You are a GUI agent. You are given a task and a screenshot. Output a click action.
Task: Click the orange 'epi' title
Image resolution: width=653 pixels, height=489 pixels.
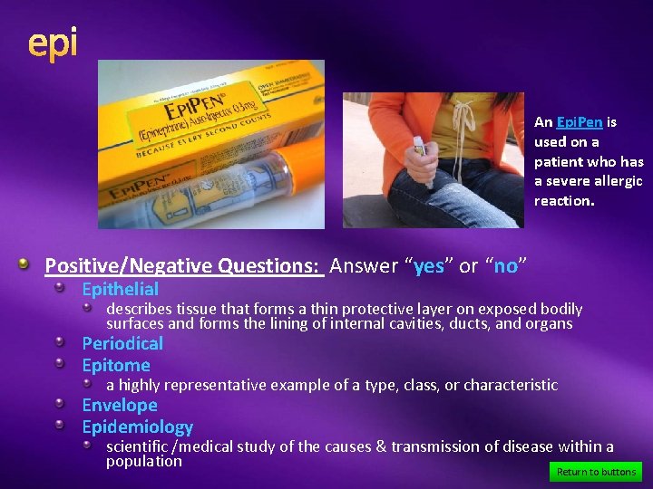(x=53, y=43)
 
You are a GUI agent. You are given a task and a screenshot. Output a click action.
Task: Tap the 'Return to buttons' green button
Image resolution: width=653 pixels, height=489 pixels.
(x=596, y=472)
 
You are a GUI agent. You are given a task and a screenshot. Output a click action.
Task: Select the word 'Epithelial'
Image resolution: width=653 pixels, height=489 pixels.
(x=120, y=290)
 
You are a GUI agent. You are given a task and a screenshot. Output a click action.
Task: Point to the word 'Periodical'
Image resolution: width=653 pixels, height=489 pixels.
(x=122, y=343)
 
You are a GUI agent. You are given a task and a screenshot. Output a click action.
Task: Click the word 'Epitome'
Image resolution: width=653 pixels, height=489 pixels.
(x=116, y=366)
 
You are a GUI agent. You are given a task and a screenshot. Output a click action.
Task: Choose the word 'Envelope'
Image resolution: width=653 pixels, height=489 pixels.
(x=120, y=405)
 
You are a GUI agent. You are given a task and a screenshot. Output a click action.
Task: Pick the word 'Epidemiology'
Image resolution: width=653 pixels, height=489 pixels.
(x=137, y=427)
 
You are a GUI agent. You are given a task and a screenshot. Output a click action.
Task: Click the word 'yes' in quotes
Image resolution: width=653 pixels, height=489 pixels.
(x=428, y=266)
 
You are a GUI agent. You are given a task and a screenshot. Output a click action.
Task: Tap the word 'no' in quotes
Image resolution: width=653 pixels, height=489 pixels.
(x=505, y=266)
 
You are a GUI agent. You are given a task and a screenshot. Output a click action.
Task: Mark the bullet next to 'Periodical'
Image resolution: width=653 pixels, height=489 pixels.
(x=61, y=343)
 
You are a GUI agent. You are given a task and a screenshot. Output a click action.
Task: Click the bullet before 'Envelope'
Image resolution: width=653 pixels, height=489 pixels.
(x=61, y=405)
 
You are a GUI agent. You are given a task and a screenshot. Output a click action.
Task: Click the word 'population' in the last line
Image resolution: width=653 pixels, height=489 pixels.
(x=144, y=461)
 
